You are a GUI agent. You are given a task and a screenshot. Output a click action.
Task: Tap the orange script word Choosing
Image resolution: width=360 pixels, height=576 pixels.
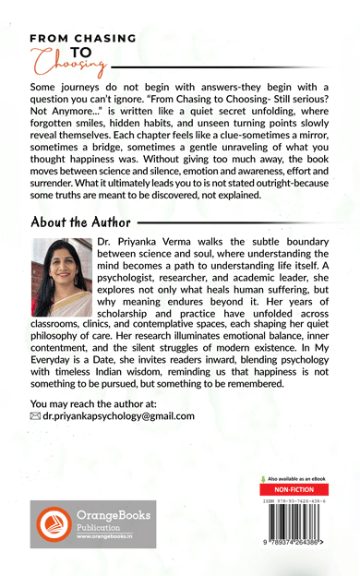point(66,63)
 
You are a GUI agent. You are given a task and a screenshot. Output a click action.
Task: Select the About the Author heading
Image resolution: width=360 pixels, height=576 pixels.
point(81,222)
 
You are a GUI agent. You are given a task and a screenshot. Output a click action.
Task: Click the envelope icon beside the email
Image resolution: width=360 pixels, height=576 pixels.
point(36,416)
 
